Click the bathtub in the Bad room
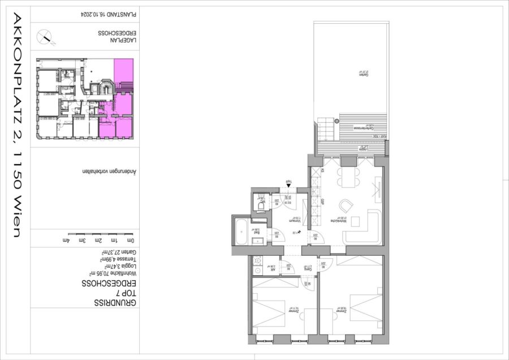pyautogui.click(x=240, y=230)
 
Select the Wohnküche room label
pyautogui.click(x=341, y=221)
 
